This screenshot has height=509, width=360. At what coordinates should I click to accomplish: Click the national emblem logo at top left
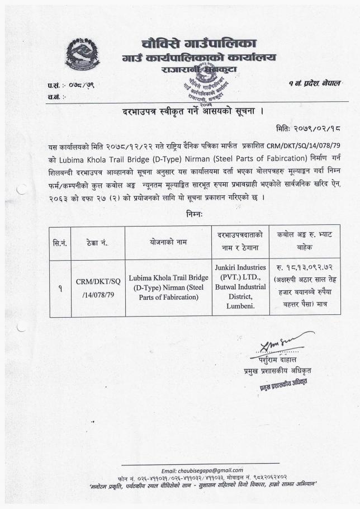click(x=82, y=55)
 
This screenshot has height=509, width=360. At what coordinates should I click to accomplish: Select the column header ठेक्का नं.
click(x=97, y=243)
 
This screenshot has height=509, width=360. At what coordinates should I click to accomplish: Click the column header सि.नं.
click(x=60, y=243)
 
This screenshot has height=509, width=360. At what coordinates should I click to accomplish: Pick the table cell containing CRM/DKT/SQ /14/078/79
click(x=97, y=288)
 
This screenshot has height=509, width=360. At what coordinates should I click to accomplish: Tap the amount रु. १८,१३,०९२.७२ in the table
click(x=305, y=268)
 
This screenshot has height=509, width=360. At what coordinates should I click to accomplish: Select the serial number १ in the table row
click(x=60, y=289)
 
